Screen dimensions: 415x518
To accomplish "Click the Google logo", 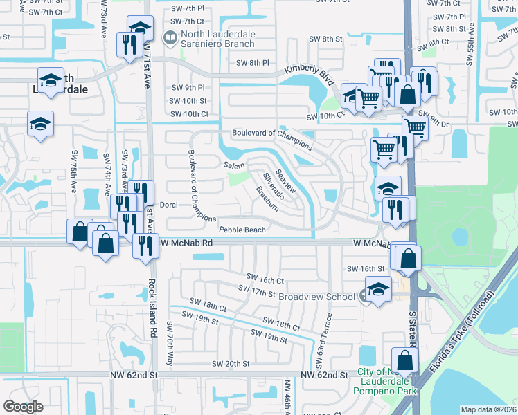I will pyautogui.click(x=23, y=407).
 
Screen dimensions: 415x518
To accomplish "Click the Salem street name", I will pyautogui.click(x=234, y=165).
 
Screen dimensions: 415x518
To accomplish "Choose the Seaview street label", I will pyautogui.click(x=286, y=181).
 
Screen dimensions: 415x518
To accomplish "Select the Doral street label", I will pyautogui.click(x=170, y=205).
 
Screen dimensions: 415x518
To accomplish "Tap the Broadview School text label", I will pyautogui.click(x=316, y=296).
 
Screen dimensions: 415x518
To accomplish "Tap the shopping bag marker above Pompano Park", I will pyautogui.click(x=404, y=360).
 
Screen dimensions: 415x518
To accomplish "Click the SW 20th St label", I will pyautogui.click(x=231, y=364).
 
